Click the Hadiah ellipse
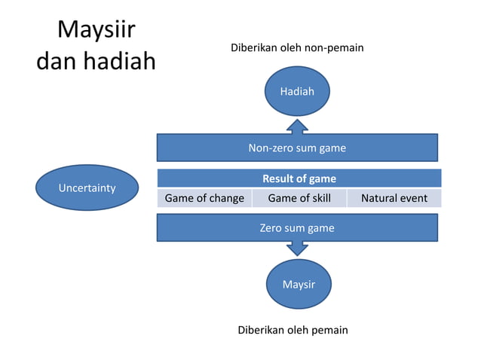pos(297,92)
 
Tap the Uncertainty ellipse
pos(87,188)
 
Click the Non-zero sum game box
pos(297,148)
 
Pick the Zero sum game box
pos(297,227)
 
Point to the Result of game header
pos(299,179)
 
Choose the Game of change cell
pos(204,199)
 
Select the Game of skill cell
pos(299,199)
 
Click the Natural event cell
pos(394,199)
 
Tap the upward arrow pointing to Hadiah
pos(297,127)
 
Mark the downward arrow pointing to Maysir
pos(297,248)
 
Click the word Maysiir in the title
pos(96,31)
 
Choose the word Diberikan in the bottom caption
pos(261,331)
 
